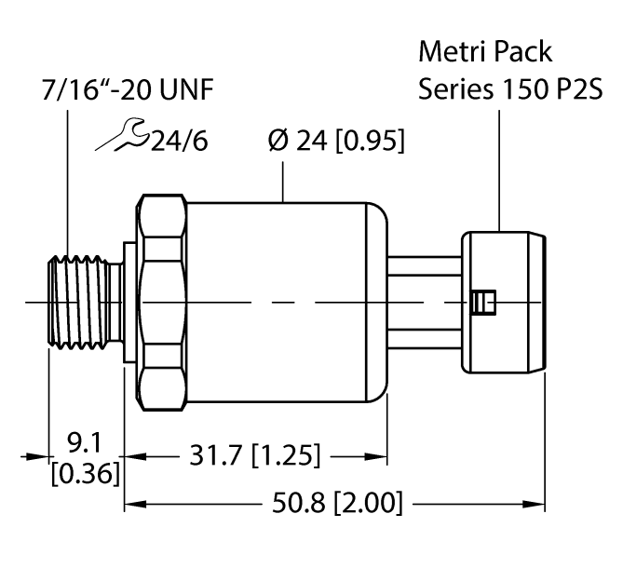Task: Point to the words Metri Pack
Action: tap(485, 48)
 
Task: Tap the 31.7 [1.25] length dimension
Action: tap(254, 456)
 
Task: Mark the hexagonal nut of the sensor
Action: tap(164, 303)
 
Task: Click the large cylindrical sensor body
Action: tap(289, 303)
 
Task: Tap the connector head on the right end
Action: tap(503, 303)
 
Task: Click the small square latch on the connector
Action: tap(481, 303)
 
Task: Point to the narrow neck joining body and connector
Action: tap(425, 303)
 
